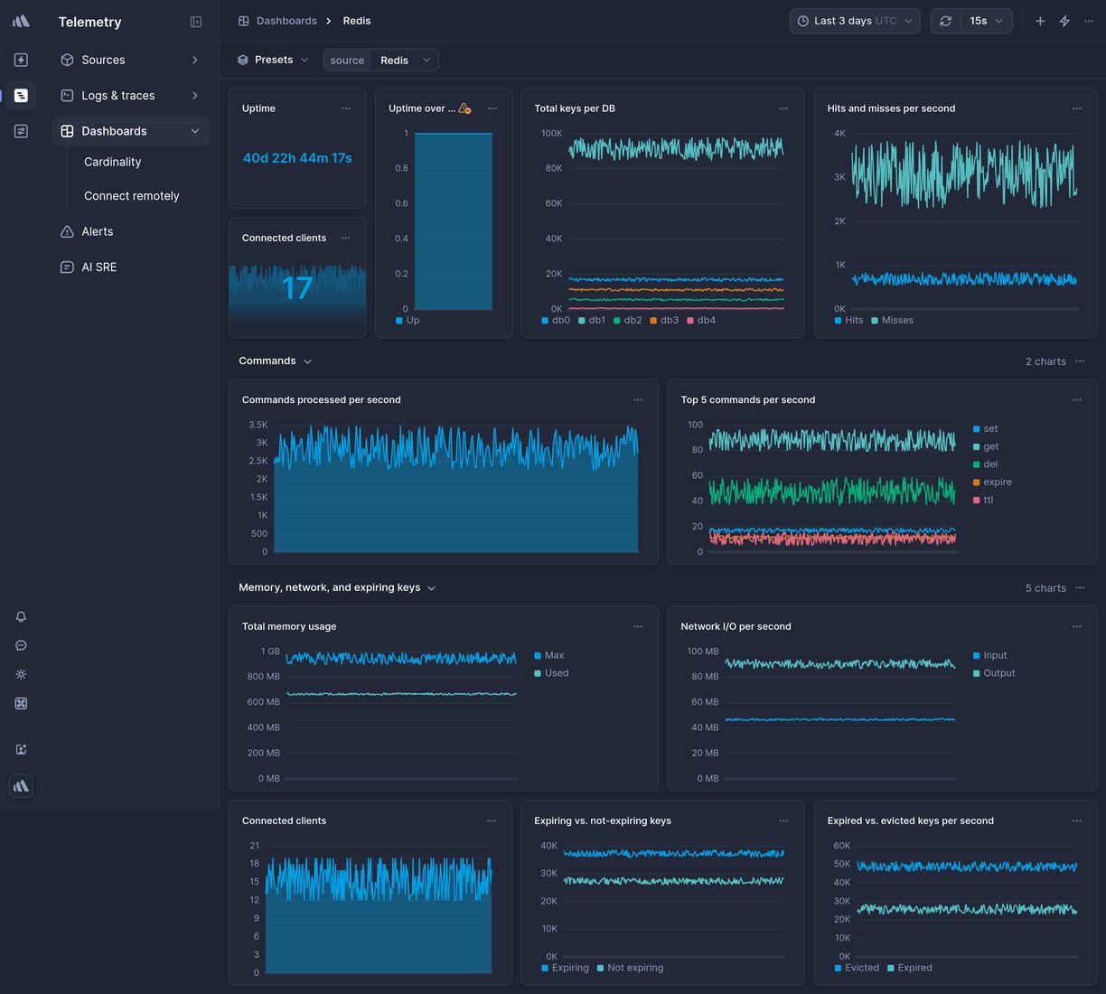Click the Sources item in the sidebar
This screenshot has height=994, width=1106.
[x=103, y=60]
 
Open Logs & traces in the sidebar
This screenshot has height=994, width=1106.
[x=117, y=96]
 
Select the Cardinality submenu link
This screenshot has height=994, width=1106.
[x=112, y=162]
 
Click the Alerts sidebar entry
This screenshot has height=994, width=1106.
[x=97, y=231]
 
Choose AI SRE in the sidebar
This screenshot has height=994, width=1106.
[x=98, y=267]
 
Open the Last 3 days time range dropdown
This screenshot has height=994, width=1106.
[x=854, y=21]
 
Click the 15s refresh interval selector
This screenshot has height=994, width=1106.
[x=986, y=21]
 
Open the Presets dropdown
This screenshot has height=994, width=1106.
[x=273, y=60]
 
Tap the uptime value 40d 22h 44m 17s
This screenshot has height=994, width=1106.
[x=297, y=158]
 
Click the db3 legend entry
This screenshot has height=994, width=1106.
[x=669, y=321]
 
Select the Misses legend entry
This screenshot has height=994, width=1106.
[x=896, y=321]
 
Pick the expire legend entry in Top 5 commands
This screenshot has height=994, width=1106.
[x=997, y=483]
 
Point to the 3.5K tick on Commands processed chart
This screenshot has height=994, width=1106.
[x=258, y=425]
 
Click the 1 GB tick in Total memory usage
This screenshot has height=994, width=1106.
[x=270, y=652]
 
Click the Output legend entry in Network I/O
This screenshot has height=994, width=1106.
[x=998, y=673]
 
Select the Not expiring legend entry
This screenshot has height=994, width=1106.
[x=634, y=968]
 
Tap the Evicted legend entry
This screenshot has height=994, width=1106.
[x=861, y=968]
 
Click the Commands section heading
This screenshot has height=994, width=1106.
[x=267, y=361]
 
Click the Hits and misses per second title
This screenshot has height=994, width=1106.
[x=891, y=108]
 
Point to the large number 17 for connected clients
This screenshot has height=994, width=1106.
[x=297, y=288]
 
